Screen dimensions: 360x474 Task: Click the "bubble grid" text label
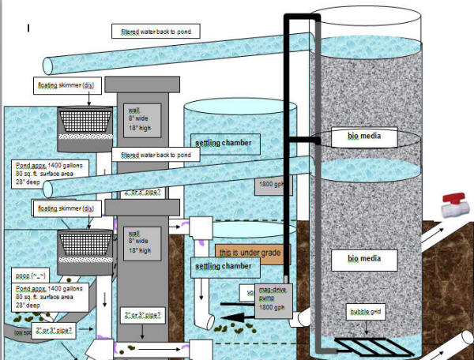click(366, 313)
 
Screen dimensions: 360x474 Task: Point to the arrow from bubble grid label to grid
click(366, 328)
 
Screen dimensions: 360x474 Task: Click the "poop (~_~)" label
click(29, 277)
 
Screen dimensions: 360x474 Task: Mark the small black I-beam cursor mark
click(28, 28)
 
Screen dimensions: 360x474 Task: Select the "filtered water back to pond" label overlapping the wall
click(155, 156)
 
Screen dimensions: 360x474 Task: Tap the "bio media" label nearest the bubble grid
click(364, 257)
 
